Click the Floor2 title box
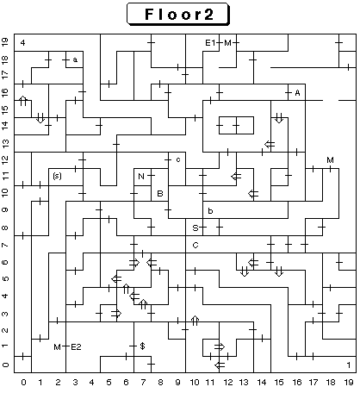tap(178, 14)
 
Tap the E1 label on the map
tap(210, 43)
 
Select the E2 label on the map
tap(76, 347)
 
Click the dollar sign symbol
tap(142, 346)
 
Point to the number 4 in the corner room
tap(23, 43)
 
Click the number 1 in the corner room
tap(349, 365)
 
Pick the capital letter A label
tap(297, 93)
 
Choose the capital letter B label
tap(160, 193)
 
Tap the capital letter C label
tap(196, 245)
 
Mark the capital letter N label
tap(141, 176)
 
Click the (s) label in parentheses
tap(57, 176)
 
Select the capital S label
tap(196, 228)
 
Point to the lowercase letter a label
tap(75, 60)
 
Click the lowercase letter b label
tap(210, 211)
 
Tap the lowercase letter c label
tap(178, 159)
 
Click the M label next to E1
tap(227, 43)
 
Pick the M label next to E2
tap(57, 347)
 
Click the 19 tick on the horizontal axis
tap(349, 383)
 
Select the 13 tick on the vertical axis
tap(6, 143)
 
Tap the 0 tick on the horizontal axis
tap(23, 383)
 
